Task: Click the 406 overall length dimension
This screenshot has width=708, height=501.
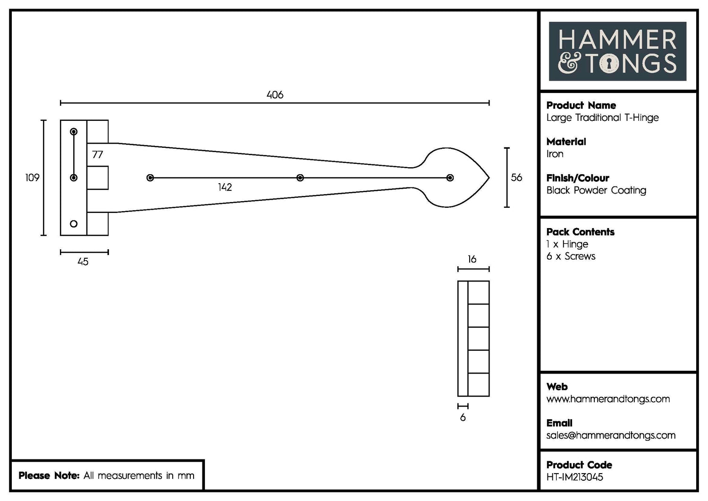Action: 275,95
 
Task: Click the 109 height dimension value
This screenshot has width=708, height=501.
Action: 32,178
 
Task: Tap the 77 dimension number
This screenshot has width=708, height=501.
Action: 97,154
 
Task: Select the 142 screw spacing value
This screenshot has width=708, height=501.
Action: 225,187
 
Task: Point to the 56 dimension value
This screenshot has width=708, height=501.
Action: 516,178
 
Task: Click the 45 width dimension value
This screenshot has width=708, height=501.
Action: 83,262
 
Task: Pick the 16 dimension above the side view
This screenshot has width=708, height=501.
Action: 472,259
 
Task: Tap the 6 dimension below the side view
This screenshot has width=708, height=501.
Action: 463,417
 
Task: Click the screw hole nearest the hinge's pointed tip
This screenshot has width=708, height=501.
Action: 450,178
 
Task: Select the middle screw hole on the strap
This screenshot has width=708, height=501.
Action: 300,178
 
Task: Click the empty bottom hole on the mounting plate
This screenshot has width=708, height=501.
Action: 74,224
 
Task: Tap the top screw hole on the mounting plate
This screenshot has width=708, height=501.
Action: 74,132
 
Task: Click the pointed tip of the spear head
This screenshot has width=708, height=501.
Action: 489,178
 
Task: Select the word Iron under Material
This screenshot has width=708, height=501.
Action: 555,154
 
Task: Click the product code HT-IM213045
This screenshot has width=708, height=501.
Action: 574,477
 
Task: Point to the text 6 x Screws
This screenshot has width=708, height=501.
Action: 571,256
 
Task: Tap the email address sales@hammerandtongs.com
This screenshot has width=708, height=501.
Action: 610,435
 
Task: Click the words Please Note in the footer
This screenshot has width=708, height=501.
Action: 49,476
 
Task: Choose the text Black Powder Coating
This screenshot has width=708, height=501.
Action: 596,190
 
